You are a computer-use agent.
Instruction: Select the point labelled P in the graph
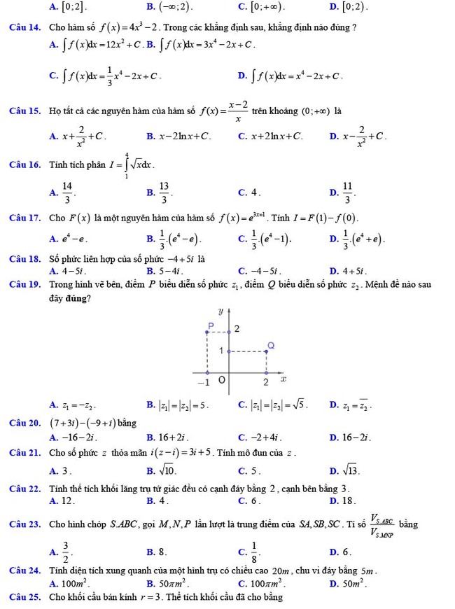click(x=209, y=325)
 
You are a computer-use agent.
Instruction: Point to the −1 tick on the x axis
click(x=203, y=382)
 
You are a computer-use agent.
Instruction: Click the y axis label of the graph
click(x=220, y=308)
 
